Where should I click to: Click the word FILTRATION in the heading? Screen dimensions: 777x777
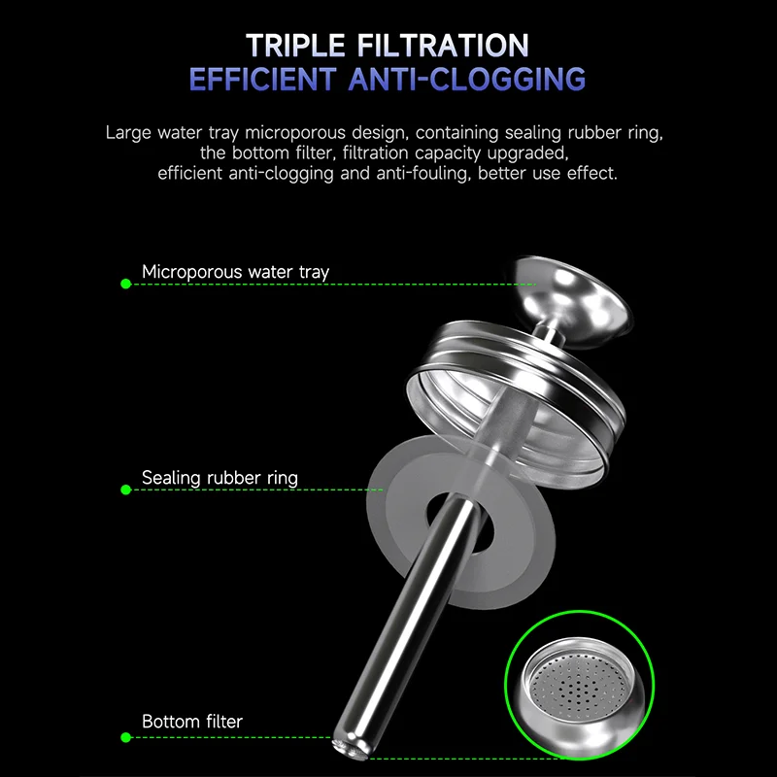tap(448, 46)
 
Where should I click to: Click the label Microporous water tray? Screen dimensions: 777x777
tap(235, 272)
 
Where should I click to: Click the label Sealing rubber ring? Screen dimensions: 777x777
tap(220, 478)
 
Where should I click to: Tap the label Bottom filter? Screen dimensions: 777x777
tap(192, 722)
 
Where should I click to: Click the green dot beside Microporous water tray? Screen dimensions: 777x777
tap(125, 284)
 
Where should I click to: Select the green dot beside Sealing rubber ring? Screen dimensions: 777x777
tap(125, 490)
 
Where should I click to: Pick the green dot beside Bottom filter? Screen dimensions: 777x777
tap(125, 736)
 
